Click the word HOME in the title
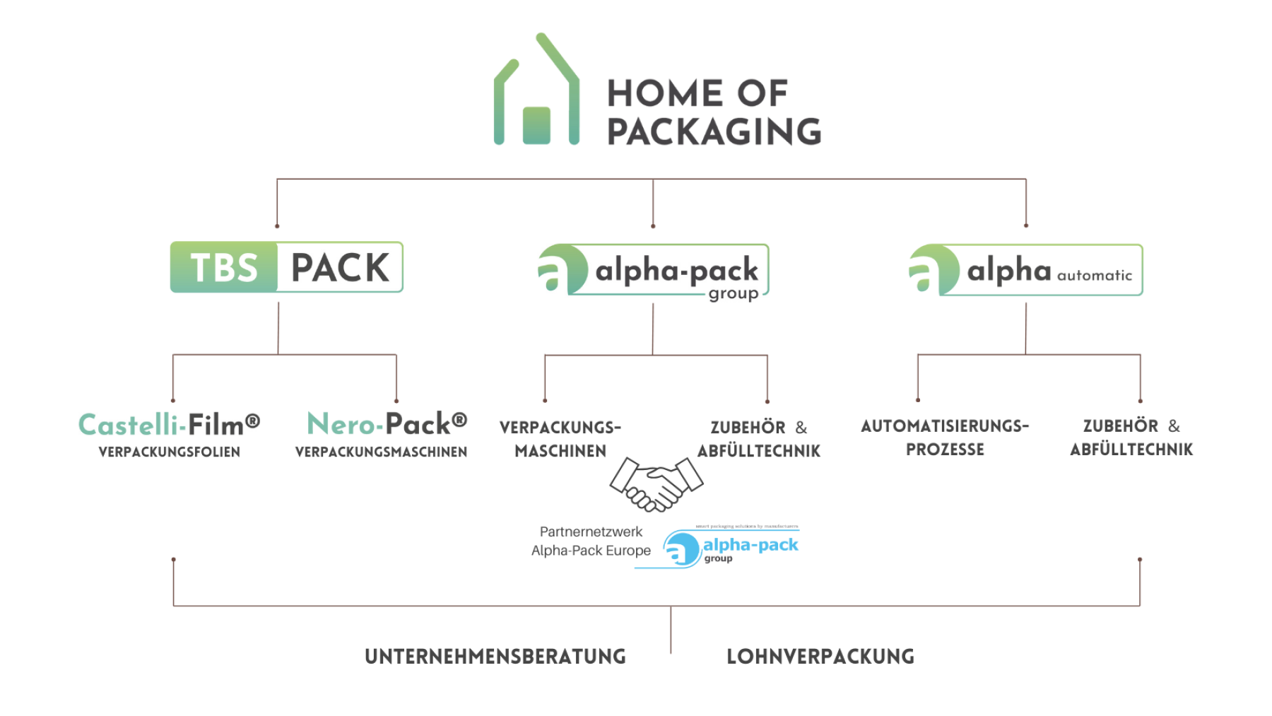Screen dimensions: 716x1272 tap(664, 93)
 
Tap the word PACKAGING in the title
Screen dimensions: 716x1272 tap(714, 131)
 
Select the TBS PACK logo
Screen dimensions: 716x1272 tap(286, 267)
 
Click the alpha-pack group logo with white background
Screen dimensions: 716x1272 tap(653, 273)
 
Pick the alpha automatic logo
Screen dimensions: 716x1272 tap(1025, 270)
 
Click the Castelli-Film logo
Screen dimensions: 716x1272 tap(170, 424)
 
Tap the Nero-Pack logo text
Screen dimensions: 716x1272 tap(387, 424)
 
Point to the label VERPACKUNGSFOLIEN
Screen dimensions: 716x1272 tap(170, 452)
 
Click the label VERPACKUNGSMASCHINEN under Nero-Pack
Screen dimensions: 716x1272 tap(381, 452)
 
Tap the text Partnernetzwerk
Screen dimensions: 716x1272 tap(591, 532)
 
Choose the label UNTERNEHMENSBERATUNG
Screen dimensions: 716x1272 tap(495, 657)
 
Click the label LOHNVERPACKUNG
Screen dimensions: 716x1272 tap(820, 657)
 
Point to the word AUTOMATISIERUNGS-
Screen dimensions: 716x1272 tap(945, 426)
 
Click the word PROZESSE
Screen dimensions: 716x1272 tap(945, 450)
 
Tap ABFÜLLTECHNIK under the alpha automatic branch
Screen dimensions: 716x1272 tap(1131, 450)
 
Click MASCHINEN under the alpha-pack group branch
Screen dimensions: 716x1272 tap(560, 451)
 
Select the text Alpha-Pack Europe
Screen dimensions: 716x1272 tap(591, 551)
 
